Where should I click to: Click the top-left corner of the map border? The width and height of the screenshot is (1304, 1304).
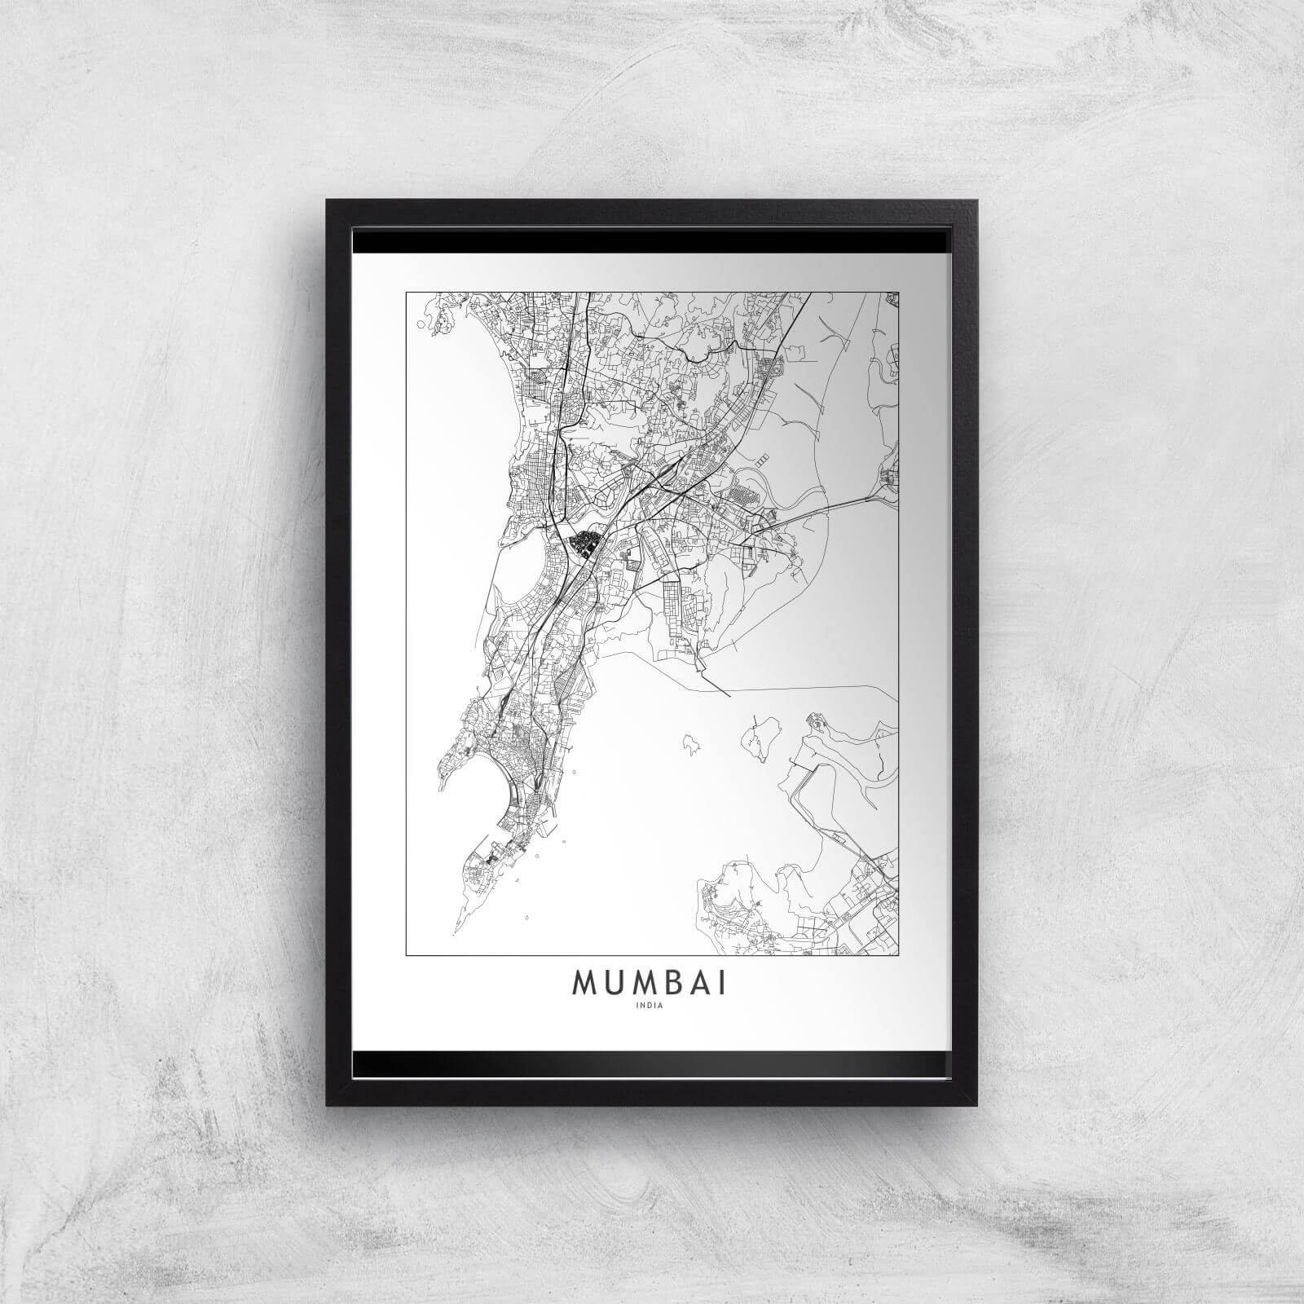[x=406, y=290]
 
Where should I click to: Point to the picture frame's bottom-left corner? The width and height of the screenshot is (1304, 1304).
[x=328, y=1104]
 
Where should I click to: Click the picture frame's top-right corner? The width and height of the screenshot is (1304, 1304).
[x=976, y=200]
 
